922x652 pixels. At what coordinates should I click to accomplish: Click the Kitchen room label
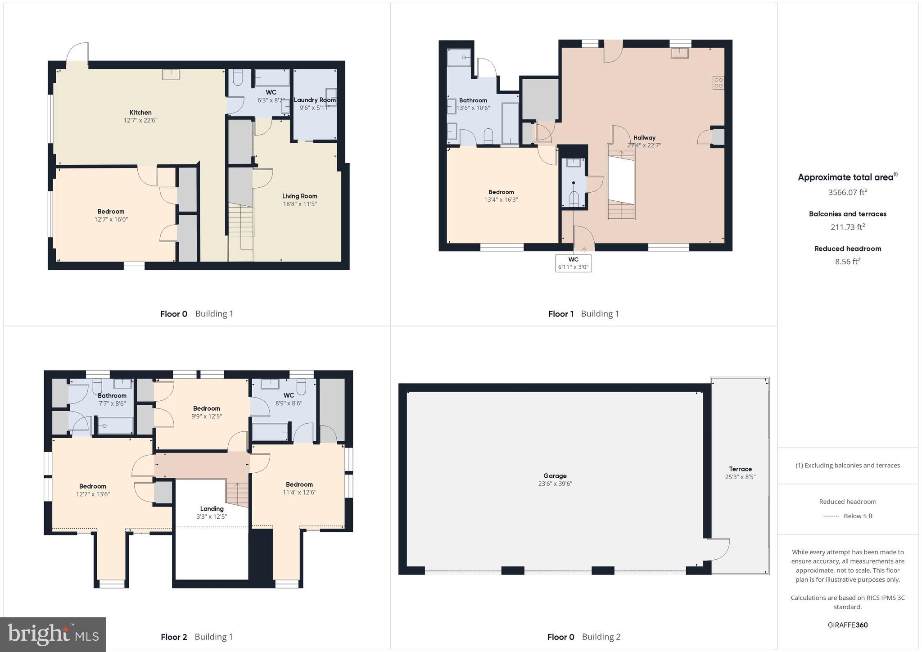[x=140, y=113]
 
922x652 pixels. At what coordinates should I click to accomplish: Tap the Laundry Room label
[x=315, y=100]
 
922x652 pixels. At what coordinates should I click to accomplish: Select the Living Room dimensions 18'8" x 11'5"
[x=299, y=204]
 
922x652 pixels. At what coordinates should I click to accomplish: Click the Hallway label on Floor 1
[x=644, y=138]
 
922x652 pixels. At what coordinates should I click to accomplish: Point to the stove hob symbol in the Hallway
[x=718, y=82]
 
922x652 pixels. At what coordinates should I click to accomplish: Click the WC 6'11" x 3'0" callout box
[x=573, y=263]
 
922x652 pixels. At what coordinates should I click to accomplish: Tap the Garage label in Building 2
[x=555, y=475]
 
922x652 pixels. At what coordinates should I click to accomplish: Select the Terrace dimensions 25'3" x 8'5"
[x=740, y=477]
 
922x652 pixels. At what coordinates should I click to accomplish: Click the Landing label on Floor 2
[x=212, y=509]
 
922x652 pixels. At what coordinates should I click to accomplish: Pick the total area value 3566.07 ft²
[x=847, y=192]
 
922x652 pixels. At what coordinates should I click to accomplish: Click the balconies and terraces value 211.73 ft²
[x=847, y=227]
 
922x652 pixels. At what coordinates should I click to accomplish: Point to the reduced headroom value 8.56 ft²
[x=847, y=262]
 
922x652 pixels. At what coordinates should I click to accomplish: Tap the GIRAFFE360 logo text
[x=847, y=625]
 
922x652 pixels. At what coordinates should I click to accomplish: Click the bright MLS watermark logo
[x=53, y=634]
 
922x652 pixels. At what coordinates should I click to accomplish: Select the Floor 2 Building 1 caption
[x=197, y=637]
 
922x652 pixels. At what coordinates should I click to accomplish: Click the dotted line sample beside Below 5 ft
[x=831, y=516]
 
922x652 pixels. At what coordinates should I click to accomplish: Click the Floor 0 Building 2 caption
[x=584, y=637]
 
